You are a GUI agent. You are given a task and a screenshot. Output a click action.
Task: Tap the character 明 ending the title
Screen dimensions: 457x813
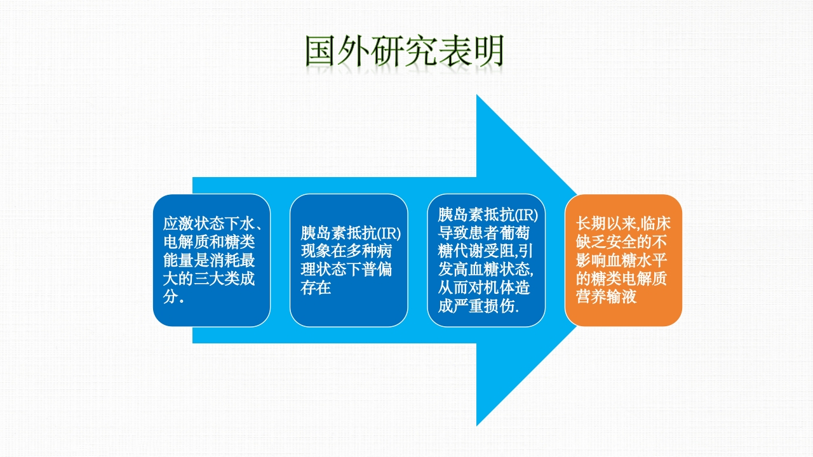click(x=487, y=51)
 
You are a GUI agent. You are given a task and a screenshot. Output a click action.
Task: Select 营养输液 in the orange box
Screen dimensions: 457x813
click(x=606, y=297)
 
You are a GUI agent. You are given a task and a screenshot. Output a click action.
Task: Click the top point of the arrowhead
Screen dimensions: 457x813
click(x=477, y=96)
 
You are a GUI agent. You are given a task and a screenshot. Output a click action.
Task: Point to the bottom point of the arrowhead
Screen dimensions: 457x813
click(x=477, y=425)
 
